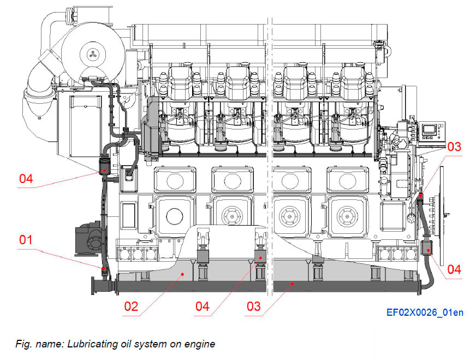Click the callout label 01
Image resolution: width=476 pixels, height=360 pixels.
point(26,240)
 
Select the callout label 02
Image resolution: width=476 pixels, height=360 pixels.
point(131,306)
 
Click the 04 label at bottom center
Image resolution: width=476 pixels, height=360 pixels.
point(203,306)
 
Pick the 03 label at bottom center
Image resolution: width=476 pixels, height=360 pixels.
point(254,306)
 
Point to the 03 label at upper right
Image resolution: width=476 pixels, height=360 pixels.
point(454,147)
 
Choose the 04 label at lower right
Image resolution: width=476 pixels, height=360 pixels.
point(454,269)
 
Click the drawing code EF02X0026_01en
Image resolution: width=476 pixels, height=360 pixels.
point(425,312)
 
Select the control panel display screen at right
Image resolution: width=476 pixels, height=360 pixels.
point(429,131)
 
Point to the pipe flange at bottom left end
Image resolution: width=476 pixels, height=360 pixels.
point(91,285)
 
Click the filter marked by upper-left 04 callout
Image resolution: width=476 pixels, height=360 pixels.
point(103,167)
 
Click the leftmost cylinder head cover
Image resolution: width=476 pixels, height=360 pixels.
point(181,81)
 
